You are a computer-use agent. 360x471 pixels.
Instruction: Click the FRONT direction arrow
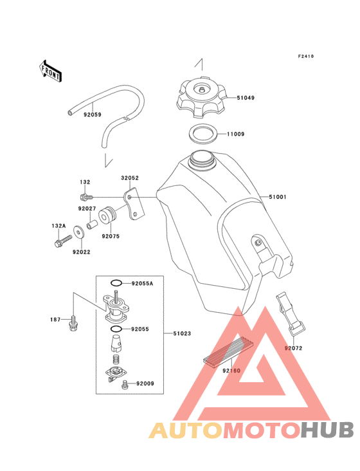(50, 71)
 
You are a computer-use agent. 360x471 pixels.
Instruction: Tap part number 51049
(246, 98)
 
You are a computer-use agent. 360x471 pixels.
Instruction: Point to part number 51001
(278, 197)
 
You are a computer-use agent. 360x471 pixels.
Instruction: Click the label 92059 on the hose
(93, 115)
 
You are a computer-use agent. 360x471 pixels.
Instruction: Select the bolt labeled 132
(87, 197)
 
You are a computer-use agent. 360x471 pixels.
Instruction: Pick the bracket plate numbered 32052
(134, 204)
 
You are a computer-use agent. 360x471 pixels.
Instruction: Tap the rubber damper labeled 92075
(107, 216)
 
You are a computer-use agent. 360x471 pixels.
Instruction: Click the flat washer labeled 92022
(79, 232)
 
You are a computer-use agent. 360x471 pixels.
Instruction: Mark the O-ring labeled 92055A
(116, 283)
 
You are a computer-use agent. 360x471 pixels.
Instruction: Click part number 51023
(182, 333)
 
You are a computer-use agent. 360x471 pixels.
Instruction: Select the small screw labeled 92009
(125, 384)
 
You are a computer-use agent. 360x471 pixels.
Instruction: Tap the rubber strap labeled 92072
(290, 313)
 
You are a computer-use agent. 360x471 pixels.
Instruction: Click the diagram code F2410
(306, 56)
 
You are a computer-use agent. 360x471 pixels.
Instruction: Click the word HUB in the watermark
(327, 430)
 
